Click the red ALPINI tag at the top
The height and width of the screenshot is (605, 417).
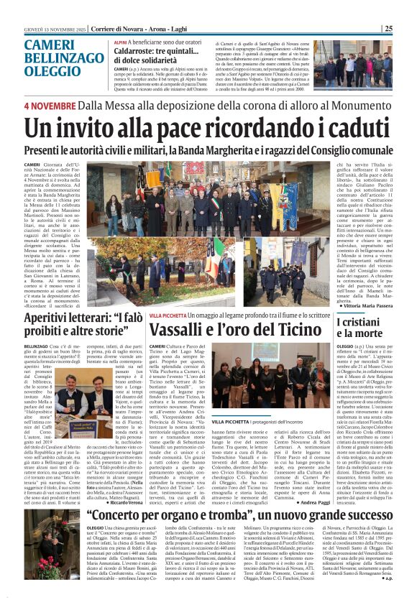119,43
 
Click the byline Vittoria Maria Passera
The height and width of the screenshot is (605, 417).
365,305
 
